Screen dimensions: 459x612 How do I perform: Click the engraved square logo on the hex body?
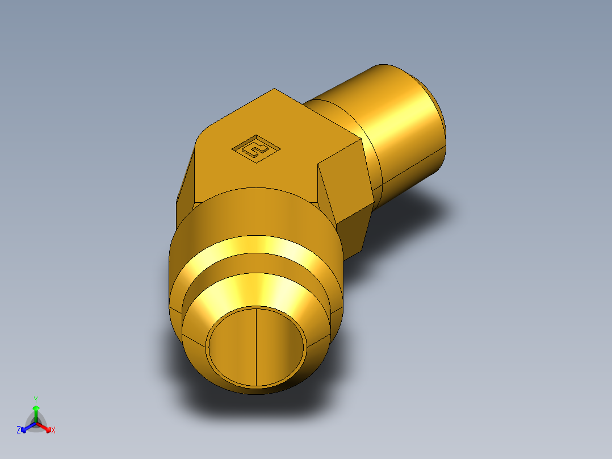[x=256, y=149]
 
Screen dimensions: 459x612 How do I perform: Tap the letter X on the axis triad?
[x=53, y=431]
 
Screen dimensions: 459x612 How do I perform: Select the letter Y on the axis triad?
[x=36, y=399]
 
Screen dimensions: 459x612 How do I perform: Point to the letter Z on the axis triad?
[x=19, y=430]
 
